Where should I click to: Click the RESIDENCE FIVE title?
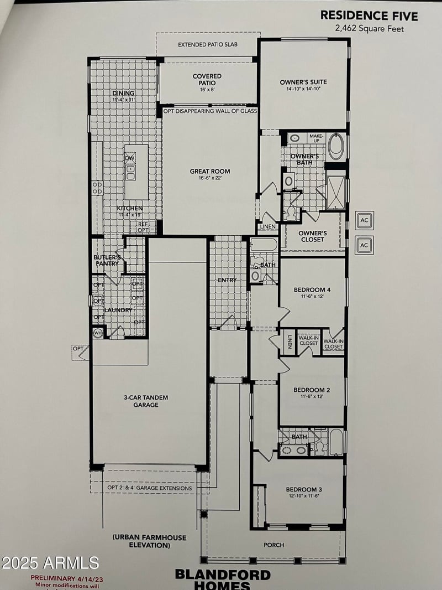pyautogui.click(x=369, y=15)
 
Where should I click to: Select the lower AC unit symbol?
pyautogui.click(x=365, y=245)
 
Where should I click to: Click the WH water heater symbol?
pyautogui.click(x=98, y=333)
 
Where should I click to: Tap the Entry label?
pyautogui.click(x=227, y=280)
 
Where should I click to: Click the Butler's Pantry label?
pyautogui.click(x=107, y=260)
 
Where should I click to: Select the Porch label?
pyautogui.click(x=273, y=545)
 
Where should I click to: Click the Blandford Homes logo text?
pyautogui.click(x=223, y=579)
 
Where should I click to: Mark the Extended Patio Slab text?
pyautogui.click(x=208, y=44)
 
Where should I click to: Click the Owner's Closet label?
pyautogui.click(x=313, y=236)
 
